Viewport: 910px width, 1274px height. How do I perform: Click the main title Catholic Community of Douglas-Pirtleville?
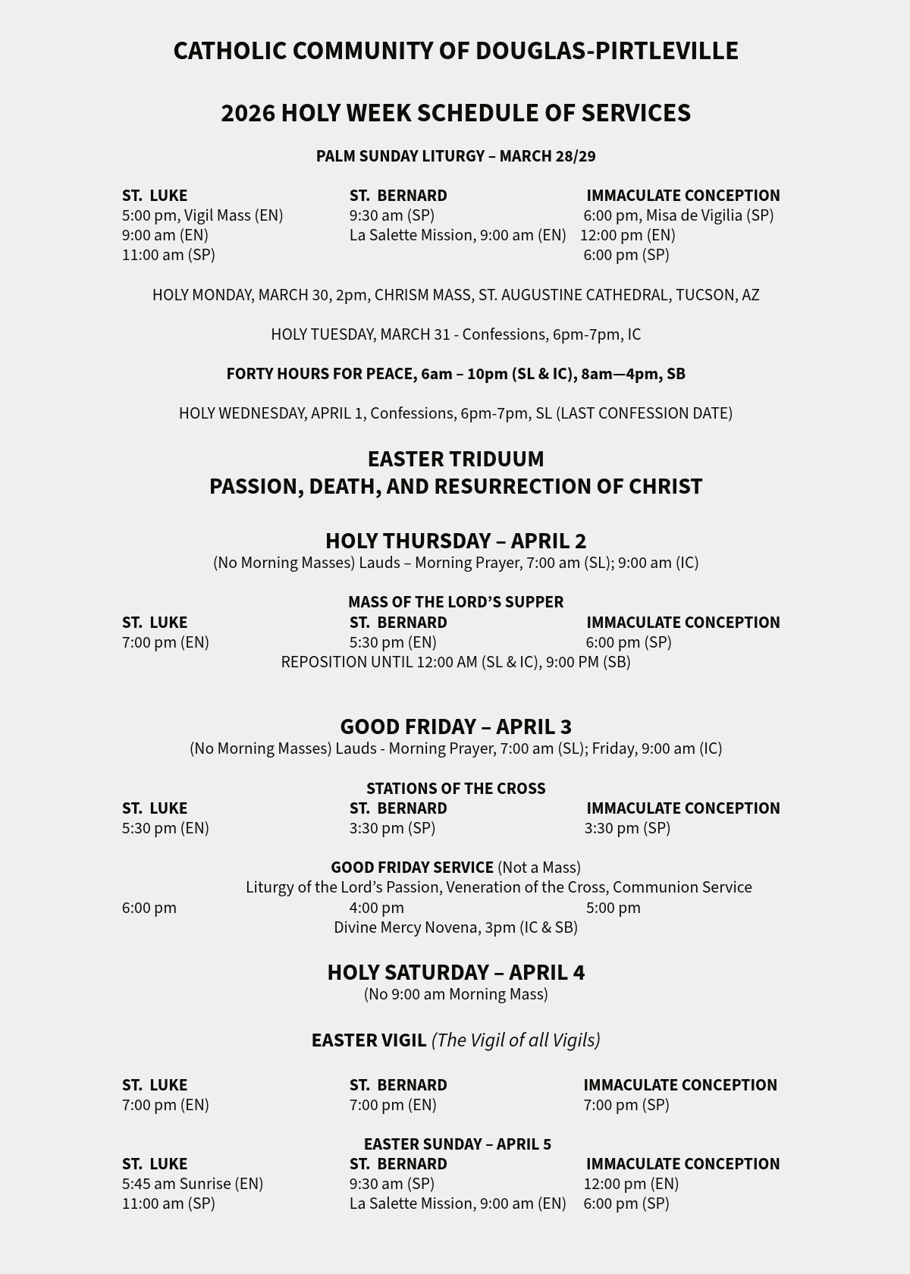455,51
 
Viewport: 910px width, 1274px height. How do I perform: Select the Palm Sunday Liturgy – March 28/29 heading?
455,156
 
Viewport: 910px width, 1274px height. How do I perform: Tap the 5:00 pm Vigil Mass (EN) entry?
202,215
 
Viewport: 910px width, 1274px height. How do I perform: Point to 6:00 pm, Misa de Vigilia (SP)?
678,215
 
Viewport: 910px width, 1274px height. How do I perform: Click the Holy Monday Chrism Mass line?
455,295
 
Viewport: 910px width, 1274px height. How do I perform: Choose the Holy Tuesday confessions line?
455,334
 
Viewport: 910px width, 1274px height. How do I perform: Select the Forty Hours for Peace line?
455,374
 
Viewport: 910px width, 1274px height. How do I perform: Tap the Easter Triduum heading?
455,459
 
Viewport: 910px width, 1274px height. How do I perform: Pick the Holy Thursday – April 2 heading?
455,541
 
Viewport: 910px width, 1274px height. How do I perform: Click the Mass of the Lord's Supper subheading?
455,602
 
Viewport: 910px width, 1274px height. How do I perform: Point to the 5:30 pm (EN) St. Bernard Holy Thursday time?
393,642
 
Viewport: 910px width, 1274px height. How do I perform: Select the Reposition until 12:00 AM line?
455,662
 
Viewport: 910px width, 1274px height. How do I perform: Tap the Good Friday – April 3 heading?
455,726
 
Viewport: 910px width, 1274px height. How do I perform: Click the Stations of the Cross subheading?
455,789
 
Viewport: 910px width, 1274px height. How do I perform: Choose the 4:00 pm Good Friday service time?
377,908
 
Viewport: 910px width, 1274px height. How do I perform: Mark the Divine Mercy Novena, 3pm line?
455,927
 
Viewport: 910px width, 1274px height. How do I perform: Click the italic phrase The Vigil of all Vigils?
516,1040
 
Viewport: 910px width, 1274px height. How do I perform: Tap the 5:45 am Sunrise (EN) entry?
193,1184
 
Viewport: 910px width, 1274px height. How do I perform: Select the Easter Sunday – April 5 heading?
457,1144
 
